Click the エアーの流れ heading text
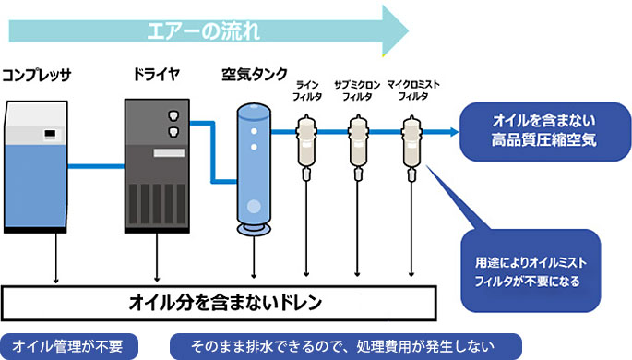point(204,29)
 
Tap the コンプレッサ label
point(38,73)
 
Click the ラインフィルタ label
point(306,90)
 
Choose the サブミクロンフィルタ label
point(357,90)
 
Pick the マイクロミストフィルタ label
point(412,90)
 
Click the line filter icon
point(306,143)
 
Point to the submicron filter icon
point(357,143)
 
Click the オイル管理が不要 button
point(69,346)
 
